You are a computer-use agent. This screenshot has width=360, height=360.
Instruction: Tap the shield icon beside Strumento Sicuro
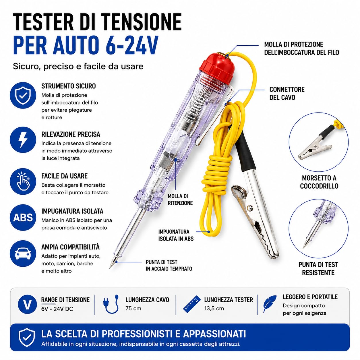[x=23, y=95]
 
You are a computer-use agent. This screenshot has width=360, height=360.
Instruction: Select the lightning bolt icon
[x=23, y=140]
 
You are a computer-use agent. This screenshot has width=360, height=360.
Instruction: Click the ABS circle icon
[x=23, y=217]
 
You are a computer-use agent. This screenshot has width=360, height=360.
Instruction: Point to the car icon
[x=23, y=253]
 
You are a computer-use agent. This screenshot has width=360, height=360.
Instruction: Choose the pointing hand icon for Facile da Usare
[x=23, y=181]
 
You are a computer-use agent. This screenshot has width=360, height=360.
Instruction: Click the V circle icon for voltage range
[x=27, y=304]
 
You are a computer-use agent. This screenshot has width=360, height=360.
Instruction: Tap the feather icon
[x=270, y=304]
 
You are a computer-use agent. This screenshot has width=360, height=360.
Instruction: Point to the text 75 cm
[x=133, y=308]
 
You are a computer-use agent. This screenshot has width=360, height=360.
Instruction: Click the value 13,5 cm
[x=214, y=308]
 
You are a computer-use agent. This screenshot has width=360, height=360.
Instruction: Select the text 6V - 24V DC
[x=57, y=309]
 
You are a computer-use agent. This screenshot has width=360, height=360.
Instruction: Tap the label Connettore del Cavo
[x=287, y=93]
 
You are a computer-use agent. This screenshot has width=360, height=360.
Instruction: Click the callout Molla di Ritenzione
[x=180, y=200]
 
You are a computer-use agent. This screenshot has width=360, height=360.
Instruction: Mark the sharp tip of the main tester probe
[x=110, y=268]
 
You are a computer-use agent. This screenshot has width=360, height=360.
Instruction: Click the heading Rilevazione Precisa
[x=71, y=134]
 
